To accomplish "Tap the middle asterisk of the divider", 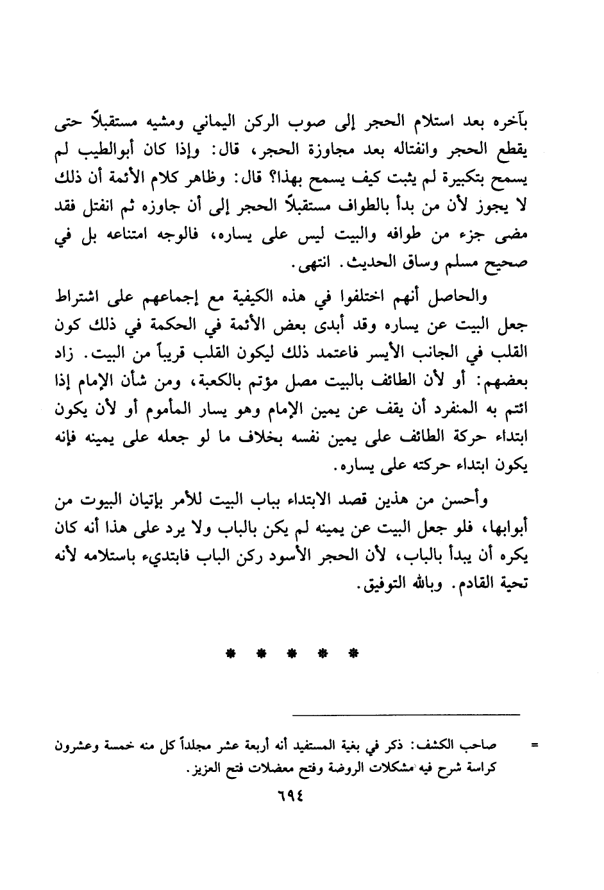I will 292,655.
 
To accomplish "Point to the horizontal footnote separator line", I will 406,714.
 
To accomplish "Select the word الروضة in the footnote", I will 340,767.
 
